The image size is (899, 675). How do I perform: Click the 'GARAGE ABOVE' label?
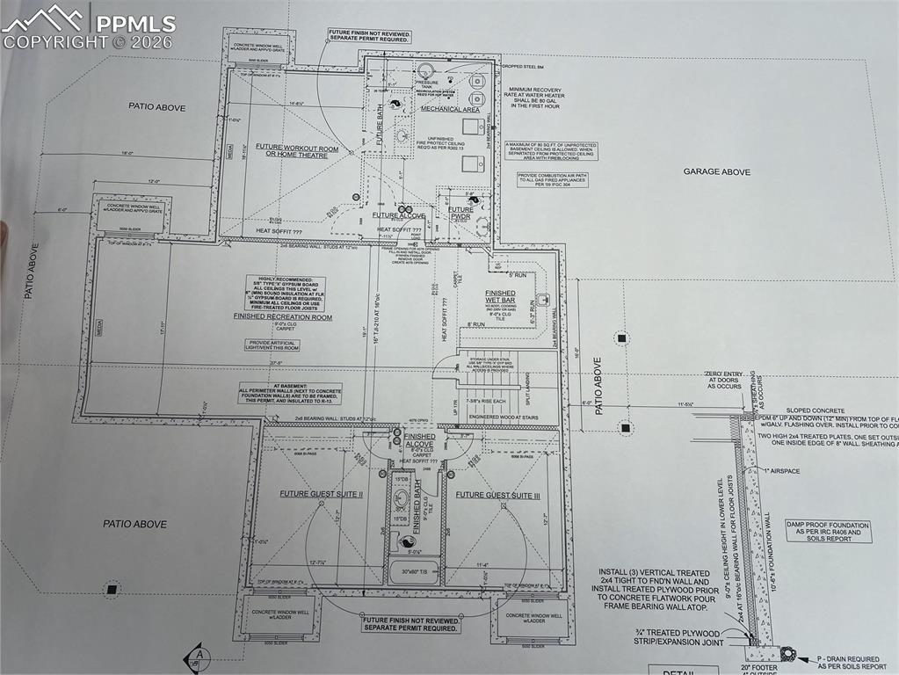[x=717, y=172]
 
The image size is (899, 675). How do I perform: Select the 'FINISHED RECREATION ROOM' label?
[x=283, y=316]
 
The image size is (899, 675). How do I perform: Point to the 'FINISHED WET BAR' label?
[x=500, y=298]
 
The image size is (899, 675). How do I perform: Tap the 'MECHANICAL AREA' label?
[x=450, y=110]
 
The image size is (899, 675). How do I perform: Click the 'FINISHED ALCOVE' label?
[x=419, y=440]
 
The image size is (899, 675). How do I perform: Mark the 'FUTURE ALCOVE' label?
[x=398, y=215]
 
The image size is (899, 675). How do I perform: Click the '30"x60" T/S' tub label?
[x=412, y=572]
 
